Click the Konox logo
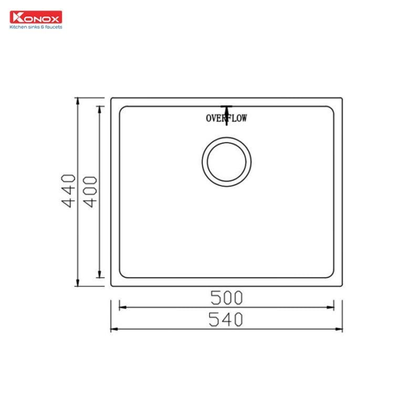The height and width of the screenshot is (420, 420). (36, 17)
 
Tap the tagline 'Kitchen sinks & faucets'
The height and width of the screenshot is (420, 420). (36, 27)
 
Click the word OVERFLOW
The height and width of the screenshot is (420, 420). (226, 118)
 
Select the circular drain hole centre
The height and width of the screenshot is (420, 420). (227, 162)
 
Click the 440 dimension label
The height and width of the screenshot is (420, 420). (68, 191)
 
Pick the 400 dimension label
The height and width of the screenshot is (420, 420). (90, 192)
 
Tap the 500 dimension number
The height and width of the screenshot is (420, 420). (227, 298)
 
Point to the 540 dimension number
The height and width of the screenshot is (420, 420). (226, 319)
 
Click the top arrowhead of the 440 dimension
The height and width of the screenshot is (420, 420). (78, 101)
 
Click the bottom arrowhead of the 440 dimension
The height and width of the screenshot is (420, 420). (78, 282)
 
